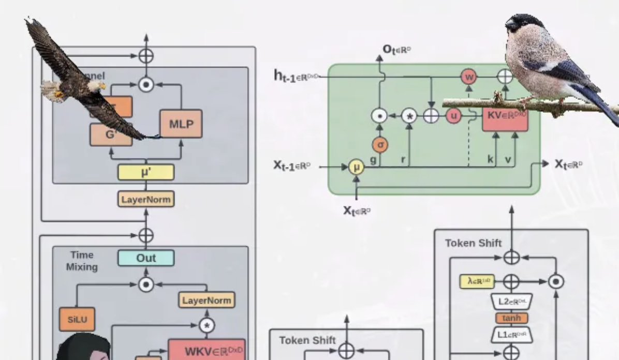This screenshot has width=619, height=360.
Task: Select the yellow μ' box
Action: [145, 172]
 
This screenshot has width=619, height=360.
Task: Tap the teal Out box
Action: [145, 258]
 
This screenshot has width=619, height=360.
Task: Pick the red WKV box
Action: [206, 351]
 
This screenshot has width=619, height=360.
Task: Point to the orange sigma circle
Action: [380, 145]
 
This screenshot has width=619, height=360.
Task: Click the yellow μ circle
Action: [356, 167]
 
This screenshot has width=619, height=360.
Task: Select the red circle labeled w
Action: [469, 77]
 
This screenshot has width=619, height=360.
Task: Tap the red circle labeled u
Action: [453, 116]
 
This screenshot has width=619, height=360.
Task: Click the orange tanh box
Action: [511, 318]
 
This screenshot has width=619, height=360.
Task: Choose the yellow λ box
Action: [477, 281]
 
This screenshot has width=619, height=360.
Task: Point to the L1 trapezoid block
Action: [511, 335]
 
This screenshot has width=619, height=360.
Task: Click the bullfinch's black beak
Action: [510, 24]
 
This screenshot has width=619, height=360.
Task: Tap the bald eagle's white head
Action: [95, 86]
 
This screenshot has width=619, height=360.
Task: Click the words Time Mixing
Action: [82, 261]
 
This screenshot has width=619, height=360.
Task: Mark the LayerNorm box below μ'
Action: [145, 199]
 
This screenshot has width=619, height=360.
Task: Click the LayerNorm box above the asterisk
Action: [207, 299]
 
